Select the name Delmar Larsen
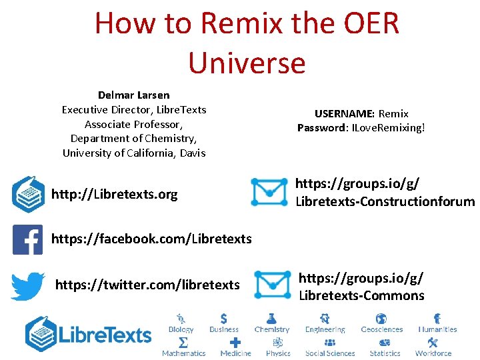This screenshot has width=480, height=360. click(134, 95)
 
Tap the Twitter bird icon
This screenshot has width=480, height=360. click(28, 285)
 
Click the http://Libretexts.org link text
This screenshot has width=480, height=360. click(115, 195)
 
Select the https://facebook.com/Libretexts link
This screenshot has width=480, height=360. click(151, 239)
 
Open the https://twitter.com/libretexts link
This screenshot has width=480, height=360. click(147, 285)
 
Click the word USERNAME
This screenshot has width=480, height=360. click(339, 113)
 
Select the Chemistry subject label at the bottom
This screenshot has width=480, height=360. click(272, 329)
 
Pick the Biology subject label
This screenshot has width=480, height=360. click(181, 329)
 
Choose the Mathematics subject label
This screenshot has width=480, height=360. click(184, 353)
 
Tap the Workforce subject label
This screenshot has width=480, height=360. click(433, 353)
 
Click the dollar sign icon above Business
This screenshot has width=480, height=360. click(223, 319)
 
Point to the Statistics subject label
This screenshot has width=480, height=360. click(385, 353)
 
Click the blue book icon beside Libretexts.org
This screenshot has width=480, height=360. click(29, 193)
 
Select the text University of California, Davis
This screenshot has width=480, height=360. click(134, 153)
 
